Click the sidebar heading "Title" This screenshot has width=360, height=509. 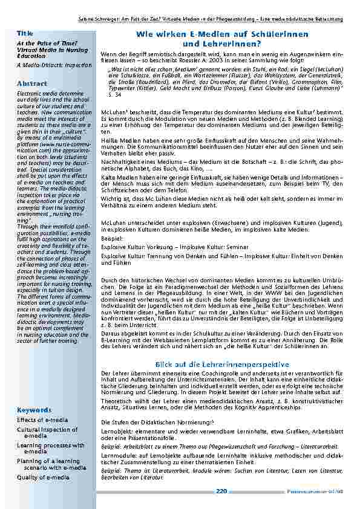point(25,32)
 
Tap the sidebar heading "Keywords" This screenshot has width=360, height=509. point(34,409)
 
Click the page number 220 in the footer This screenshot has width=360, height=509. point(222,491)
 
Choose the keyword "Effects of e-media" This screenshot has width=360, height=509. point(42,420)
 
